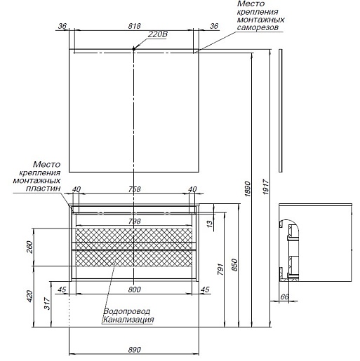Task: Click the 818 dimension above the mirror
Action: [134, 26]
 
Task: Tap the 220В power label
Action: [158, 34]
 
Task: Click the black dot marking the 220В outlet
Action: [134, 49]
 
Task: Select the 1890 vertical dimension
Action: [248, 189]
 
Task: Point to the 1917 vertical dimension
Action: [266, 186]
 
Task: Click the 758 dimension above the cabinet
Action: [135, 189]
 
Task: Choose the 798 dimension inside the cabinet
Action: [135, 221]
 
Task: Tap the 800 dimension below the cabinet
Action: [135, 290]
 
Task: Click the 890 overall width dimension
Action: [135, 350]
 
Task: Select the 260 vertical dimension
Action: [29, 247]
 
